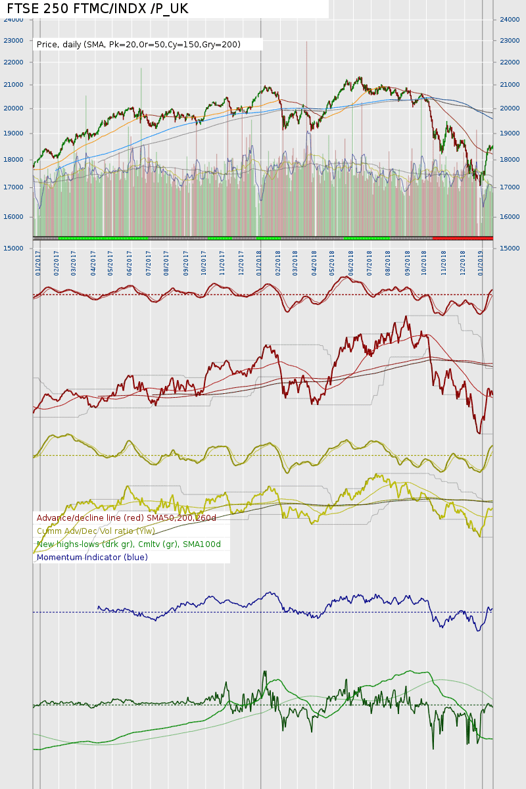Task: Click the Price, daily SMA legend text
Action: [139, 45]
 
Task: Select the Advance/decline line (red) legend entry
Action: [126, 518]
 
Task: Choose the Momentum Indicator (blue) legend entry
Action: [92, 558]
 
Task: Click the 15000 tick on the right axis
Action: [510, 249]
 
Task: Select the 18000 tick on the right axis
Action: [510, 160]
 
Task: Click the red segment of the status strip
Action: [462, 237]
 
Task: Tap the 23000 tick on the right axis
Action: [510, 41]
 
